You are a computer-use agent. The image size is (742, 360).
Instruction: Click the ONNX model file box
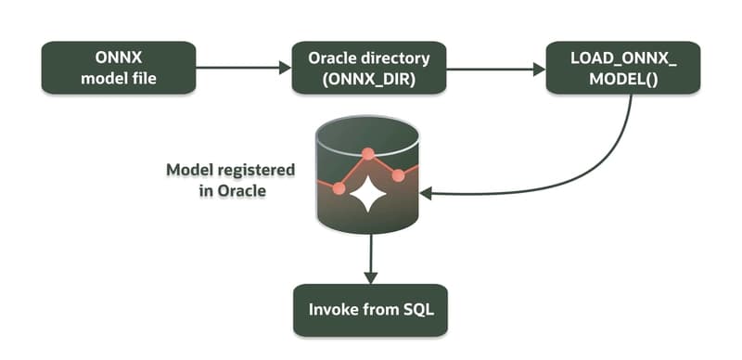[x=118, y=68]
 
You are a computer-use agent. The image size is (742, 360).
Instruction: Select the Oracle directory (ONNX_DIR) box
[x=369, y=68]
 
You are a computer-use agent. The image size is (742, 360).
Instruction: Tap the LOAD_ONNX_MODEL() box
[x=622, y=68]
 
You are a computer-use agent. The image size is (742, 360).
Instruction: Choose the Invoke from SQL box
[x=370, y=309]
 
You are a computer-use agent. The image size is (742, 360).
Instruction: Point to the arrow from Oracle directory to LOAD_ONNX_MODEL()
[x=495, y=68]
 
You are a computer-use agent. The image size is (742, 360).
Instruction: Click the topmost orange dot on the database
[x=368, y=153]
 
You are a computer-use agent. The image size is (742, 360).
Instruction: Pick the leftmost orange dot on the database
[x=339, y=188]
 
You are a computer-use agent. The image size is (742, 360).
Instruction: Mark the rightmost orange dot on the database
[x=399, y=175]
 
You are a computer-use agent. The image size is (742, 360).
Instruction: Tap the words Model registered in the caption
[x=230, y=172]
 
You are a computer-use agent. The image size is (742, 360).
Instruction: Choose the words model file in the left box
[x=118, y=78]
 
